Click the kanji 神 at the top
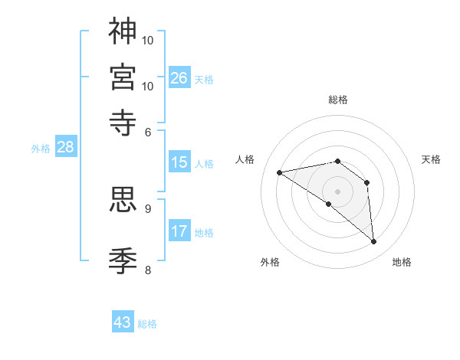tap(123, 31)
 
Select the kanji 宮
tap(123, 77)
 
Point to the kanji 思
tap(123, 198)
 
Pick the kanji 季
tap(123, 260)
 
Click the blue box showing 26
tap(179, 78)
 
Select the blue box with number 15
tap(179, 162)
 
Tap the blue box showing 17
tap(179, 231)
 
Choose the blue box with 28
tap(65, 148)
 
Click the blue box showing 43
tap(123, 322)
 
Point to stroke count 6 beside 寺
tap(148, 132)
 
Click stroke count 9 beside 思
tap(148, 208)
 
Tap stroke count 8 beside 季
tap(148, 269)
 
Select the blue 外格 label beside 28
tap(41, 149)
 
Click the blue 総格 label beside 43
tap(147, 324)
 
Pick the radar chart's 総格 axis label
tap(337, 100)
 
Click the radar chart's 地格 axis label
tap(402, 262)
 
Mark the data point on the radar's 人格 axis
tap(280, 172)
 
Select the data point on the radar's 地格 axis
tap(374, 242)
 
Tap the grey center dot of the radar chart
tap(337, 191)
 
